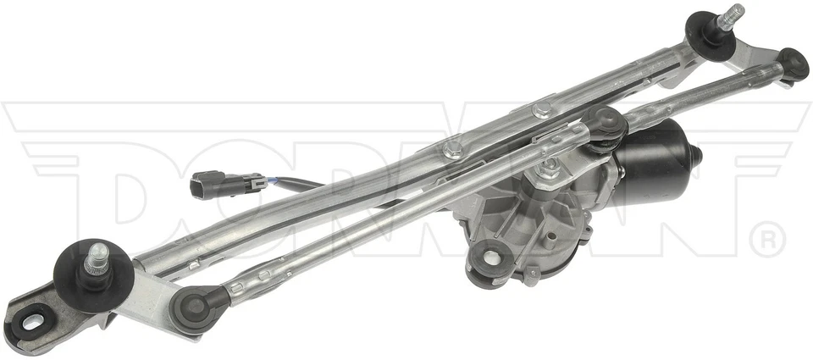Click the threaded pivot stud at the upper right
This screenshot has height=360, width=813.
(x=729, y=16)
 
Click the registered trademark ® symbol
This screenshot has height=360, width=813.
(x=768, y=240)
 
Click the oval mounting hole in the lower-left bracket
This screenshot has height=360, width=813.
(x=32, y=321)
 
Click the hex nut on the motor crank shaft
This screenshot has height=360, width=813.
(x=549, y=168)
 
